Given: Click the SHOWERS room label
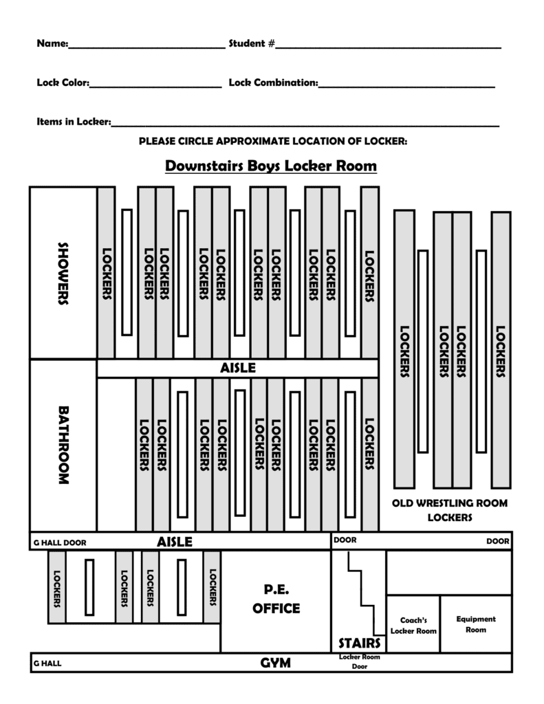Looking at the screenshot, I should [63, 273].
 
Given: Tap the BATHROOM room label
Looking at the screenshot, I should [63, 445].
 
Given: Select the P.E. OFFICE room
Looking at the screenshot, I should [276, 599].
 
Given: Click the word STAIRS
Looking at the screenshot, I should [359, 643].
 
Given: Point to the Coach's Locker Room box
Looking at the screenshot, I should [413, 625].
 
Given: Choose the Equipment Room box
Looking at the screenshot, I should [475, 624].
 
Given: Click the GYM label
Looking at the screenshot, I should [275, 663].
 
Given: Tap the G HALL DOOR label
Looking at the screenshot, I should [61, 542].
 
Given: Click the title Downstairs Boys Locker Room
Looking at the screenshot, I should [271, 166].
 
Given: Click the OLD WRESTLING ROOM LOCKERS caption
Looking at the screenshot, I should [449, 510].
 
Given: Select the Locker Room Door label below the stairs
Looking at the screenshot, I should [359, 661].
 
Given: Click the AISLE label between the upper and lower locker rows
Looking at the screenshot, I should [238, 368].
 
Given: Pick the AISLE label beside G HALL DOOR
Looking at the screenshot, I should [175, 542].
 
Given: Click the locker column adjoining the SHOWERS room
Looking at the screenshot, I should [107, 273].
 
